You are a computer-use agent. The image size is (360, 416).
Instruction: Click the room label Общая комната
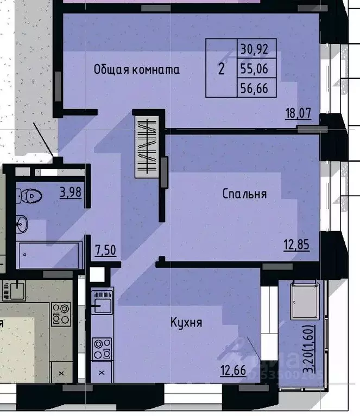coord(136,69)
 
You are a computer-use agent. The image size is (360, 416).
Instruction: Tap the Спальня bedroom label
coord(244,194)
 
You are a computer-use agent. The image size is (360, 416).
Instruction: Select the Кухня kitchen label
coord(186,323)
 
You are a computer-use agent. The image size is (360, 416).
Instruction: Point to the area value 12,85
coord(296,245)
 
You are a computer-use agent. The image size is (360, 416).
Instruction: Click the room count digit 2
coord(221,69)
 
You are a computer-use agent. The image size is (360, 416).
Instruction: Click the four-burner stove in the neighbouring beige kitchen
coord(60,313)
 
